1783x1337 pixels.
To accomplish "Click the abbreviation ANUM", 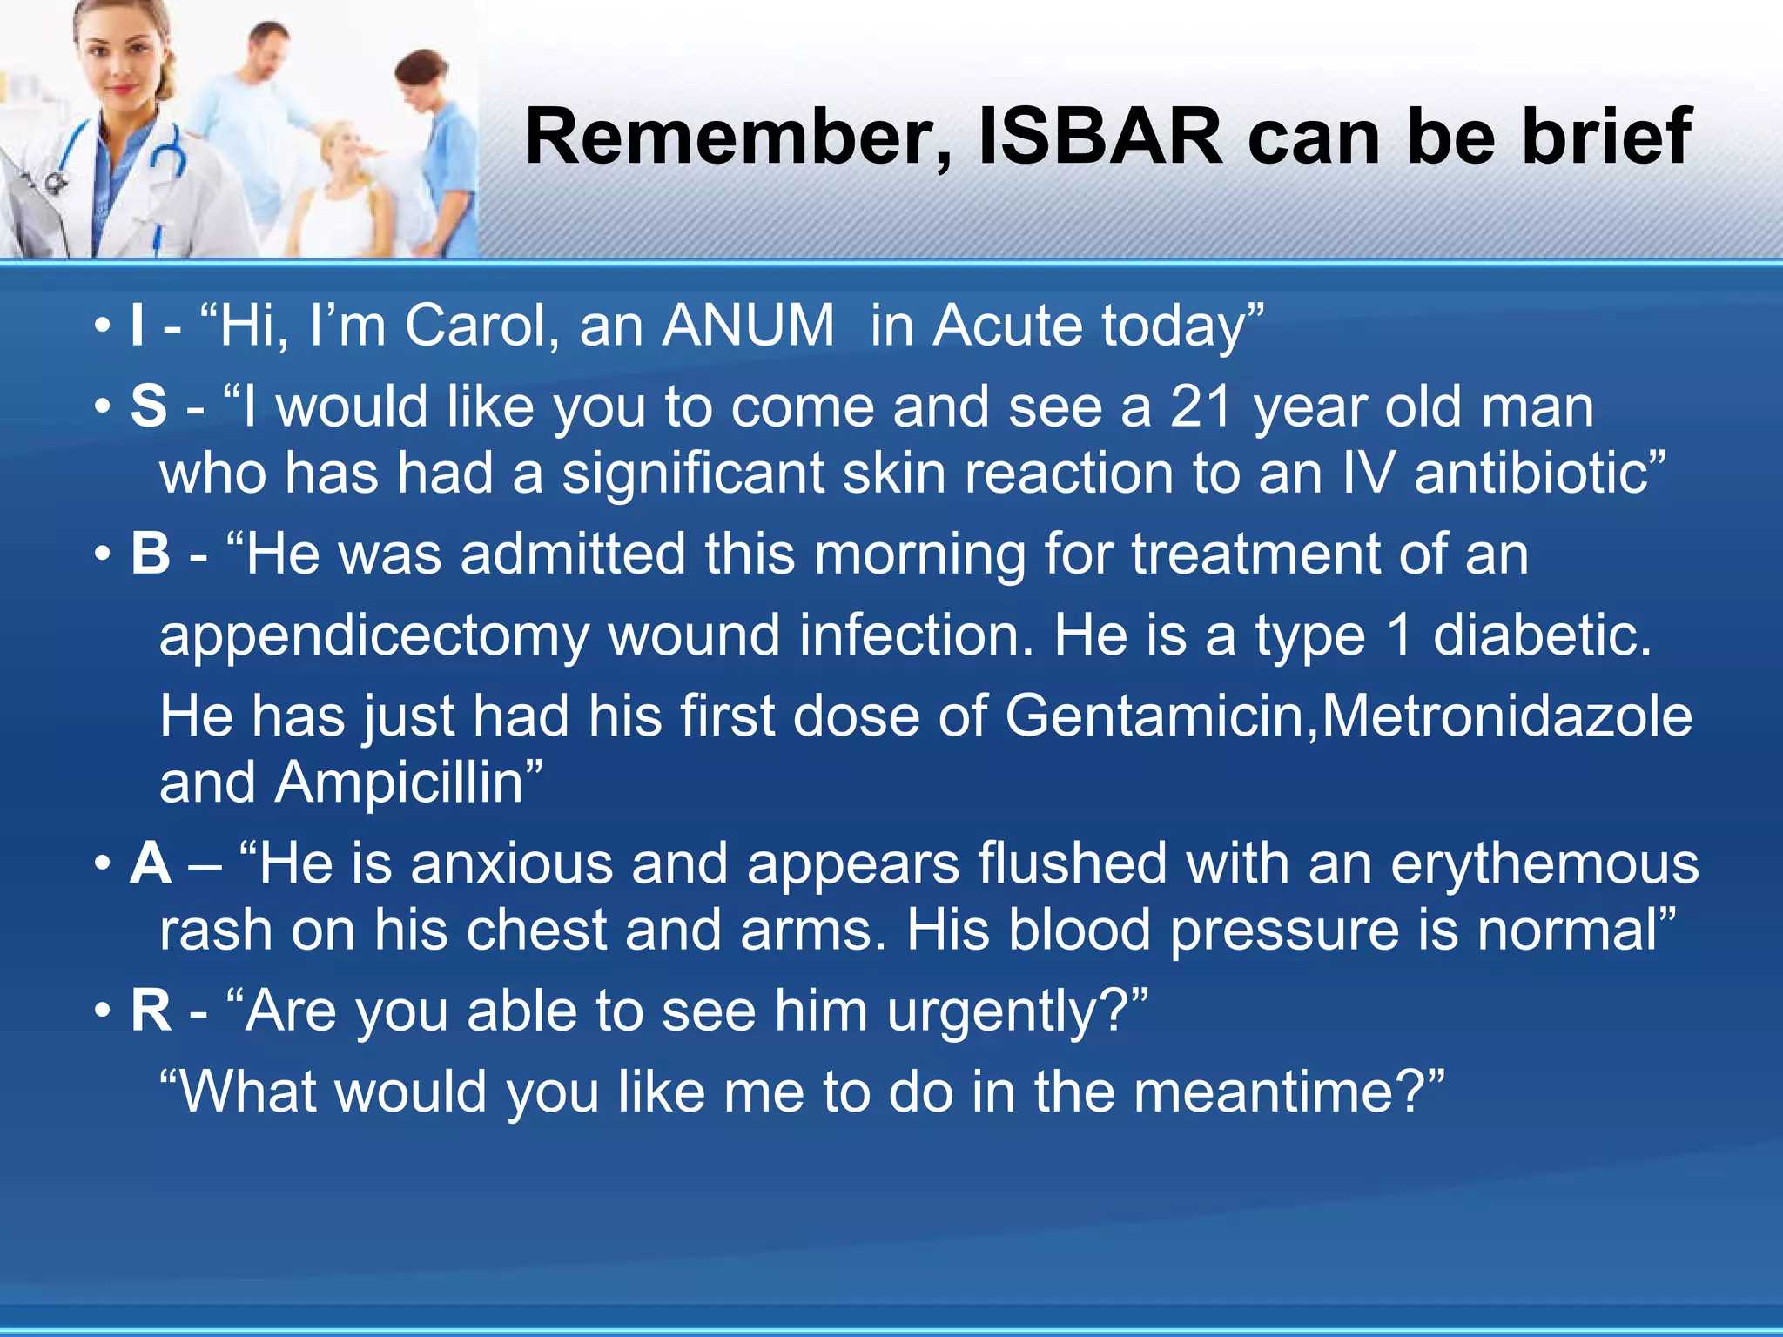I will (748, 326).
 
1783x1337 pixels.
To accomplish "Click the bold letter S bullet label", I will (149, 406).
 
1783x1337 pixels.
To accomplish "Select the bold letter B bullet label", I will (151, 554).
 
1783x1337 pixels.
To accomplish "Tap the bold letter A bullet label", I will (151, 863).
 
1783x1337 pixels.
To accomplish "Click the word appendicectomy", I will (374, 637).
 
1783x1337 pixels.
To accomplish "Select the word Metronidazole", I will (1507, 717).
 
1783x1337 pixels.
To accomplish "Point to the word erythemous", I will (1544, 863).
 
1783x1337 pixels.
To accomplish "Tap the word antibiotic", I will (1536, 474).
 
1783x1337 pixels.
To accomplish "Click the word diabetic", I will (1542, 635).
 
